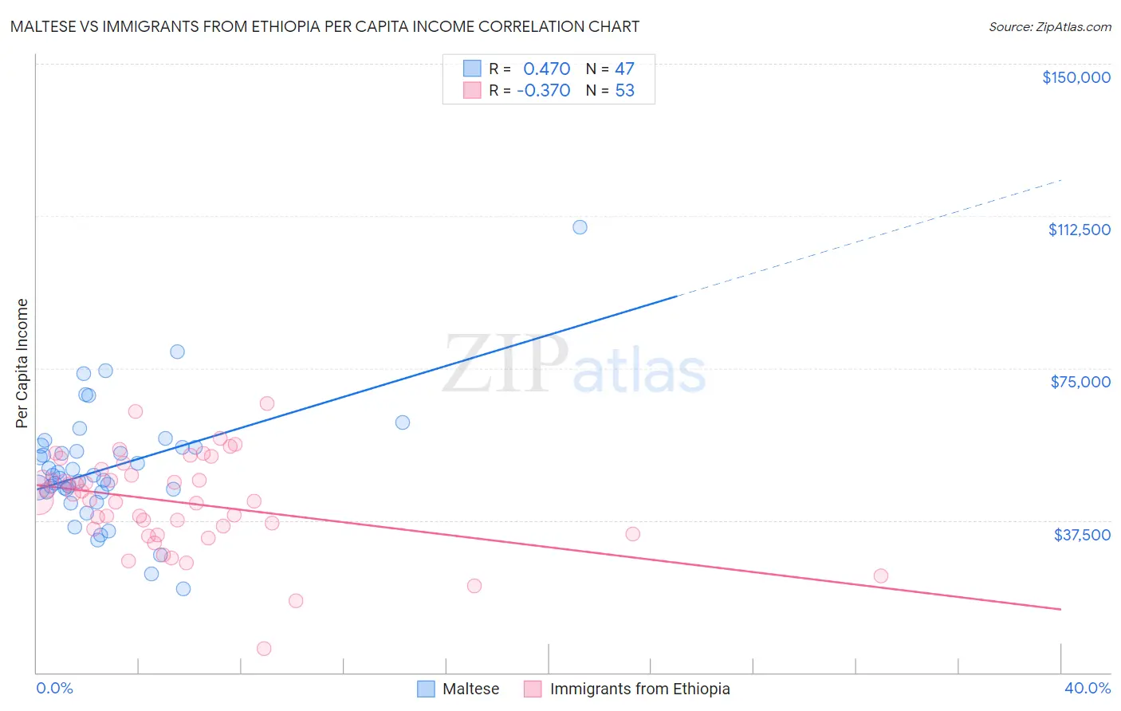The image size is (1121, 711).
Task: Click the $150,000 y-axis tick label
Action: [x=1076, y=77]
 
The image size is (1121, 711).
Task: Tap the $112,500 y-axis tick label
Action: [x=1079, y=230]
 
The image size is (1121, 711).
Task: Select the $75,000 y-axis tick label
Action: [x=1080, y=382]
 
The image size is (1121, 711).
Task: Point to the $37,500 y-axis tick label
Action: [x=1082, y=535]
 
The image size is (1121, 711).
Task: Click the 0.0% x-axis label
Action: [x=54, y=688]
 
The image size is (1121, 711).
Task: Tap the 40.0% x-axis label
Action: [x=1087, y=688]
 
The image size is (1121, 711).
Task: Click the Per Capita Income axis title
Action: [x=22, y=363]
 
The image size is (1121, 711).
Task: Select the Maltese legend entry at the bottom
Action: [x=470, y=689]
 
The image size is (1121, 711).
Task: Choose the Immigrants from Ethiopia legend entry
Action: [x=639, y=689]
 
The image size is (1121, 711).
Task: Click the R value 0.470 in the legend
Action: [x=546, y=69]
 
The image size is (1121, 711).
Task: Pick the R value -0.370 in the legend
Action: [x=544, y=91]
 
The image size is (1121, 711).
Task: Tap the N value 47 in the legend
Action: [x=624, y=69]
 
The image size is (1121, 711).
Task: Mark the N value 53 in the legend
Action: [x=624, y=91]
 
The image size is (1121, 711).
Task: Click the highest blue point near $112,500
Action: [x=580, y=227]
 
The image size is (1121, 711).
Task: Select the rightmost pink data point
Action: [x=880, y=575]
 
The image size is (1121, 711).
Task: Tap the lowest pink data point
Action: [x=264, y=648]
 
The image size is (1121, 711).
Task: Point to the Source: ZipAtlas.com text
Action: [x=1049, y=27]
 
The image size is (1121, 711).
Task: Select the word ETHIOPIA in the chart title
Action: [x=281, y=27]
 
